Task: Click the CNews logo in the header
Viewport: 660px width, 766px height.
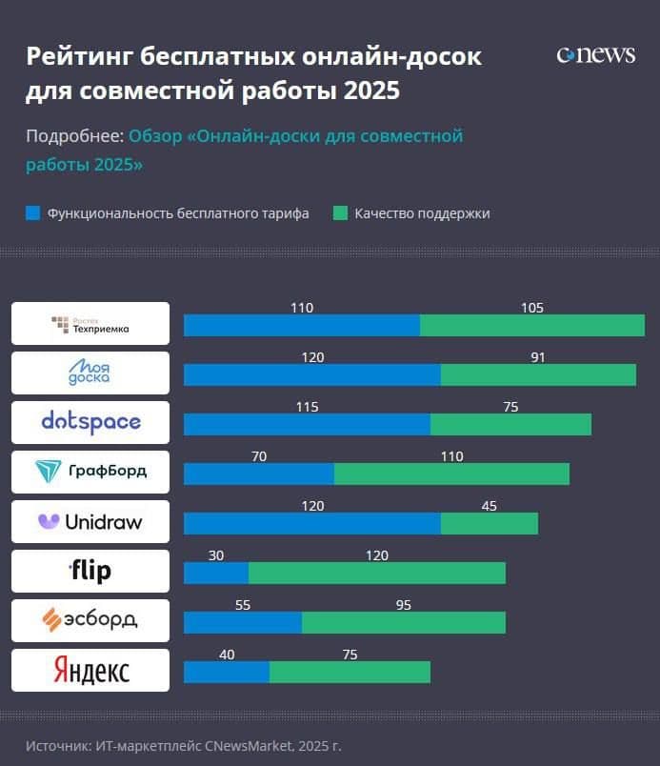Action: point(595,54)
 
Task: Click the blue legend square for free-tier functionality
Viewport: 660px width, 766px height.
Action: point(32,213)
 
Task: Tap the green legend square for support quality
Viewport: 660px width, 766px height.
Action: point(340,213)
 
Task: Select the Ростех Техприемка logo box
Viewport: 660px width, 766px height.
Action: point(90,324)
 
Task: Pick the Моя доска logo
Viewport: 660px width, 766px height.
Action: point(90,373)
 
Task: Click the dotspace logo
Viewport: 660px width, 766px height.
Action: point(90,422)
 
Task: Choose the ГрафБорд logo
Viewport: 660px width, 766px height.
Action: point(90,472)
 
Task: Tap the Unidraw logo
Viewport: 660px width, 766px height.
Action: point(90,521)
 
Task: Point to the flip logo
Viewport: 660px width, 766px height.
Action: point(90,571)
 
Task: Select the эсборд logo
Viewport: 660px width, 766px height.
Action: point(90,620)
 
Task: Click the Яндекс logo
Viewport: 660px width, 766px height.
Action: point(90,670)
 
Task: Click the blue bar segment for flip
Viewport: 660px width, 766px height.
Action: point(216,573)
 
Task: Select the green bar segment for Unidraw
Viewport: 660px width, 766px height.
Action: point(489,523)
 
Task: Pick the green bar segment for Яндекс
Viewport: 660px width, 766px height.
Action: point(350,672)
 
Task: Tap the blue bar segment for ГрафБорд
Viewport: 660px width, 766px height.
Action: point(258,474)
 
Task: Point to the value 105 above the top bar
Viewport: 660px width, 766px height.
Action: point(532,308)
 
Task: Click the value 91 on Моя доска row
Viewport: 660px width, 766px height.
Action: point(538,357)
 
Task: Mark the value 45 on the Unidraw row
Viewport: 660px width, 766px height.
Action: point(489,506)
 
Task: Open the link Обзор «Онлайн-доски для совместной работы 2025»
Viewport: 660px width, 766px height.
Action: point(295,136)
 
